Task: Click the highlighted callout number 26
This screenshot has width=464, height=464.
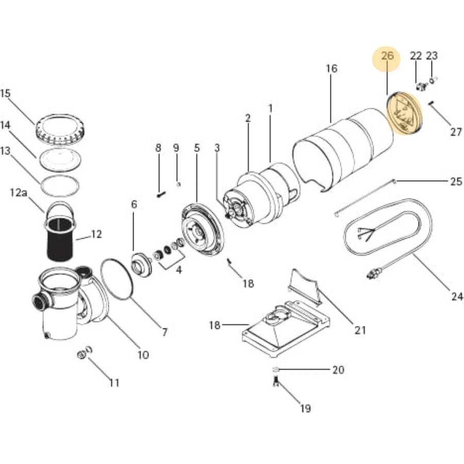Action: click(387, 56)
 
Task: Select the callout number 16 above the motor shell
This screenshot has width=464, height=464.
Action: click(332, 69)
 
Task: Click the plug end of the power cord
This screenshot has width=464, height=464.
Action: click(372, 273)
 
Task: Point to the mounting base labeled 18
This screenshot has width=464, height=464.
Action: click(278, 330)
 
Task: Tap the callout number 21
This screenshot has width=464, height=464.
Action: click(360, 330)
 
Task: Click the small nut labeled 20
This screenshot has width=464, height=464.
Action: click(276, 370)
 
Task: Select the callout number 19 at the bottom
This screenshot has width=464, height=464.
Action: click(305, 409)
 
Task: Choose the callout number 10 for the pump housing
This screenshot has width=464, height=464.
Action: click(143, 355)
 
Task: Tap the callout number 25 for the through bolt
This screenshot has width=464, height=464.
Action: click(456, 181)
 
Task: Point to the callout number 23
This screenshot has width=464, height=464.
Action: click(432, 56)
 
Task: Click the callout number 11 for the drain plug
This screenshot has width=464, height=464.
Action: click(114, 383)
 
